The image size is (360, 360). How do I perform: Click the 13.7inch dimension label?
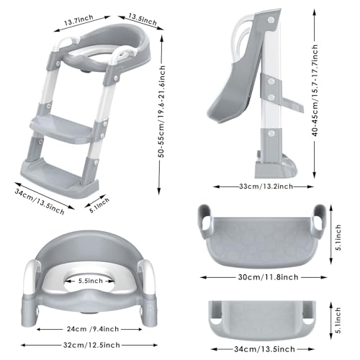click(x=78, y=20)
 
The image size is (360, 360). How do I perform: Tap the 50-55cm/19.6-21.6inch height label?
click(x=163, y=112)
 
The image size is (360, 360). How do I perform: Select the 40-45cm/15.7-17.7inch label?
click(x=315, y=91)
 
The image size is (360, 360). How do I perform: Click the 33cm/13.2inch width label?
click(x=266, y=186)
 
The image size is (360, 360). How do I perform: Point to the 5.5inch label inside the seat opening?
click(x=91, y=281)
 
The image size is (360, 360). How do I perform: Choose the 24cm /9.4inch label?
click(x=93, y=329)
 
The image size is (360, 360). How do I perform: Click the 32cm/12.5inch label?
click(x=91, y=345)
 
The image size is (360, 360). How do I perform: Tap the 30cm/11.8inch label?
click(x=268, y=277)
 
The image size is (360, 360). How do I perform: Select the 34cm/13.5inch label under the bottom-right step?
click(x=264, y=349)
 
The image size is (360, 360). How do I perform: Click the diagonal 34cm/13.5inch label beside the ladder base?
click(x=40, y=202)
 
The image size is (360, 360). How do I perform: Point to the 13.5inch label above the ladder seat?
click(x=143, y=19)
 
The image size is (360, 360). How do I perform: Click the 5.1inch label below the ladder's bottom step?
click(x=99, y=205)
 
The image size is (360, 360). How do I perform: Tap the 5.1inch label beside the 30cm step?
click(x=338, y=238)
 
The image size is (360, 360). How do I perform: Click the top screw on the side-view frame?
click(x=271, y=19)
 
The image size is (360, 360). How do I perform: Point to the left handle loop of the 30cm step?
click(x=204, y=222)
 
